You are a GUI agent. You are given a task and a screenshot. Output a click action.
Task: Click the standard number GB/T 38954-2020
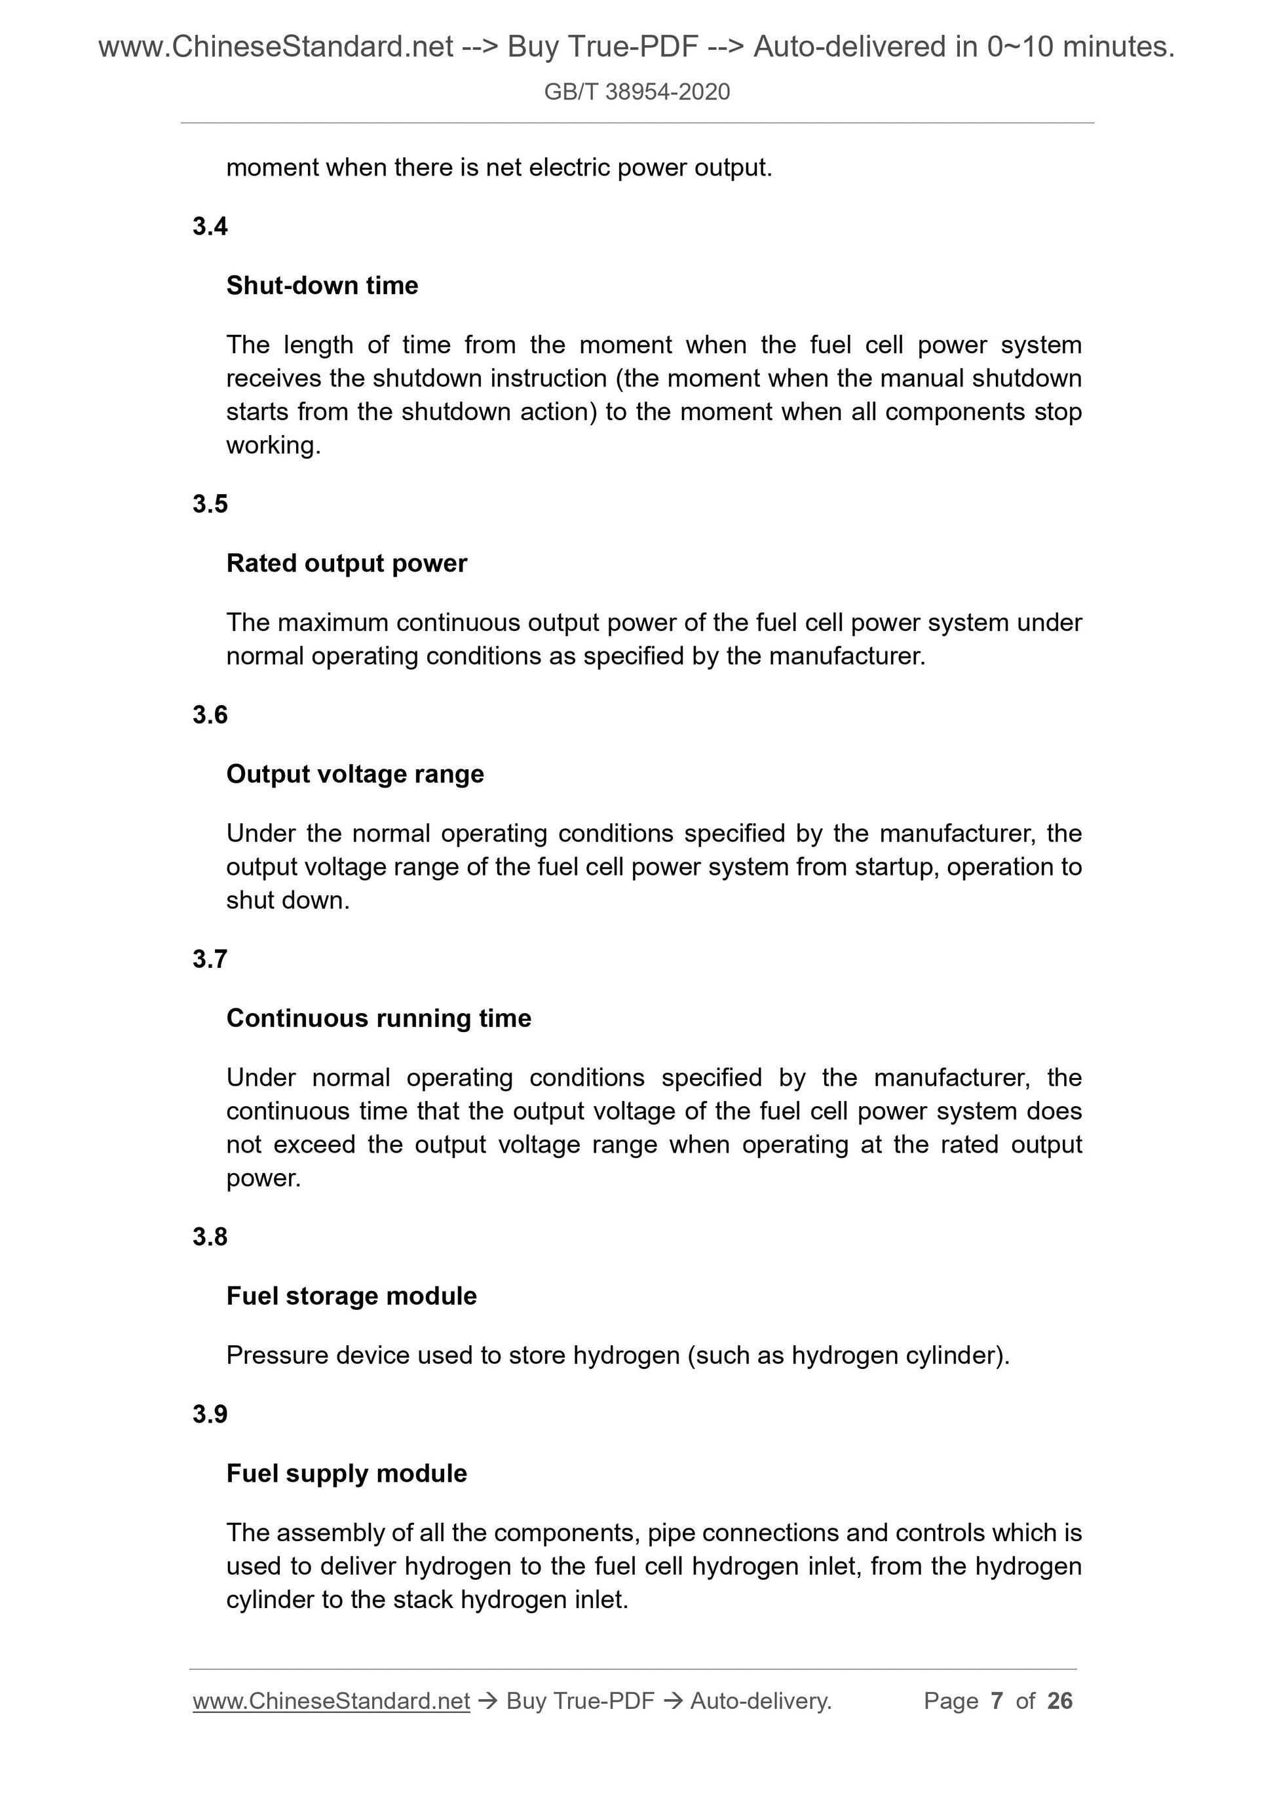636,92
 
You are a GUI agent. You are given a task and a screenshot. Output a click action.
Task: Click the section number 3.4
210,226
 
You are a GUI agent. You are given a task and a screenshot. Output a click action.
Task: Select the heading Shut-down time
322,285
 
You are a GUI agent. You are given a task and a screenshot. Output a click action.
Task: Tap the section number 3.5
210,504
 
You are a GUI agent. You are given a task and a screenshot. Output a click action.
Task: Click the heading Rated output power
347,564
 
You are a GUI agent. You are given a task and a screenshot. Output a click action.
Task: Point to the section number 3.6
210,715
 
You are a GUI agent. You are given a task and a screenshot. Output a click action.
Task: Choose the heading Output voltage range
355,774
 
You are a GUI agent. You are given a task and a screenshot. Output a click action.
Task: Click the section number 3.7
210,959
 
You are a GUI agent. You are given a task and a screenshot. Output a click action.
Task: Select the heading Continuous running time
379,1018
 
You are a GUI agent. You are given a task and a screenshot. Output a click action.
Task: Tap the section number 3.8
210,1237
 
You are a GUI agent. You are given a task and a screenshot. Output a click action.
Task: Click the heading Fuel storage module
351,1295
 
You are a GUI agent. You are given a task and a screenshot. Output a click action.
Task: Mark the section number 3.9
210,1414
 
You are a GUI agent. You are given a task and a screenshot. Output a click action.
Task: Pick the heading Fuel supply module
347,1473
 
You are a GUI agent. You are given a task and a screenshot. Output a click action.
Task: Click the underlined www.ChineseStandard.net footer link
331,1701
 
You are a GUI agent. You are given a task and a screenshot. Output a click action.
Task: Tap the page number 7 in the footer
997,1701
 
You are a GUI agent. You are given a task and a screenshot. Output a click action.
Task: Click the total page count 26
1059,1701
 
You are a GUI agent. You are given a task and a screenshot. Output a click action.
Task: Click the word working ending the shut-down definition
272,446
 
